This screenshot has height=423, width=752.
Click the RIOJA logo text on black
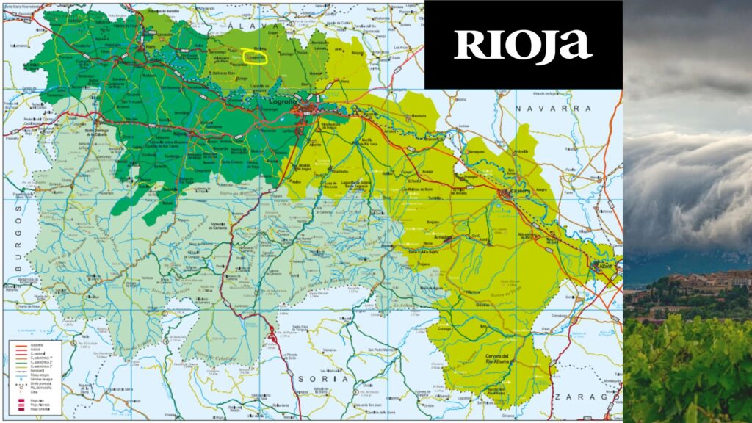point(523,46)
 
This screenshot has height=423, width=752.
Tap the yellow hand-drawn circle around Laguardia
point(254,57)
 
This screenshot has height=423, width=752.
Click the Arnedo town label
point(443,238)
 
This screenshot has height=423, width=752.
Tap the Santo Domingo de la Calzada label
point(101,132)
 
